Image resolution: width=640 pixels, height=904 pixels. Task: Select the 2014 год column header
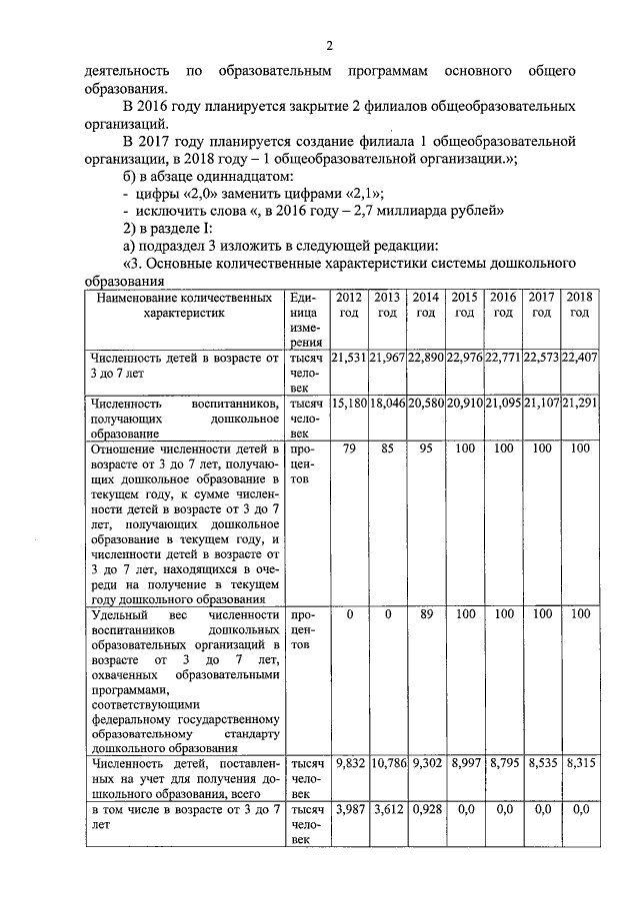pos(426,305)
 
